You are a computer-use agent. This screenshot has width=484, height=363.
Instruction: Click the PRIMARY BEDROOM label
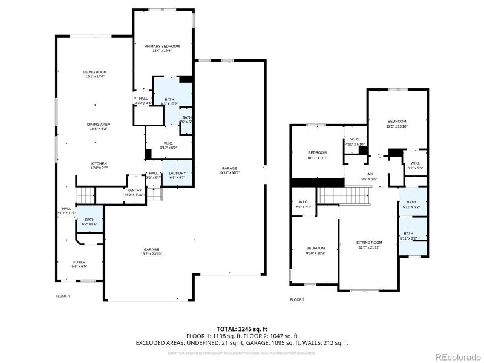(162, 46)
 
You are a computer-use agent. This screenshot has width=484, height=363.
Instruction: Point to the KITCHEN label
(99, 163)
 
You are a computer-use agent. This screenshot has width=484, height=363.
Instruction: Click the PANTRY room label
(134, 191)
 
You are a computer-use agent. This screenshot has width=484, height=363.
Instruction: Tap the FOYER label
(79, 262)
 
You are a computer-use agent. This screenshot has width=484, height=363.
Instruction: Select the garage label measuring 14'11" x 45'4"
(229, 169)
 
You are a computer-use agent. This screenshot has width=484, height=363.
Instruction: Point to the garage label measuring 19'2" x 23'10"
(151, 250)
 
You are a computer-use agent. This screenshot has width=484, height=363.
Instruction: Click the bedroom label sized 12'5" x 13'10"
(397, 121)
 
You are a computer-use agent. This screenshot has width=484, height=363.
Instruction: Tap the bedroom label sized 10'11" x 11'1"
(317, 153)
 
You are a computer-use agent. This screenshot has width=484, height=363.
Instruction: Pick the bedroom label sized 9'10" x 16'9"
(315, 249)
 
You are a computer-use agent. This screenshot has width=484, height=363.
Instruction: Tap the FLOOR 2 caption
(297, 299)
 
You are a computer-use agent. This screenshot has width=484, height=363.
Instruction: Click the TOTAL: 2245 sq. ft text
(241, 329)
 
